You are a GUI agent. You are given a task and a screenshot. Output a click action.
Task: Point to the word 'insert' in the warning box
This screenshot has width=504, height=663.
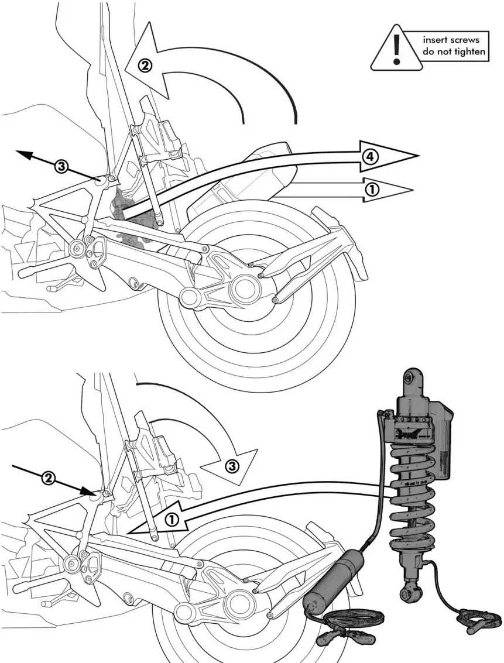pyautogui.click(x=436, y=40)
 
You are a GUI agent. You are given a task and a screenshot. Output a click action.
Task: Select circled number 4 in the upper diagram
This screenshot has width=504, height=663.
pyautogui.click(x=369, y=156)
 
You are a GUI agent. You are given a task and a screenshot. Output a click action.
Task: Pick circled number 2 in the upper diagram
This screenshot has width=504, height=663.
pyautogui.click(x=145, y=65)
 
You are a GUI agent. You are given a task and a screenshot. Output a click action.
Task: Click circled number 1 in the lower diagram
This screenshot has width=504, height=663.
pyautogui.click(x=172, y=518)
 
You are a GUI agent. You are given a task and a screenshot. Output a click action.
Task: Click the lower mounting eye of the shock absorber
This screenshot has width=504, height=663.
pyautogui.click(x=405, y=595)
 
